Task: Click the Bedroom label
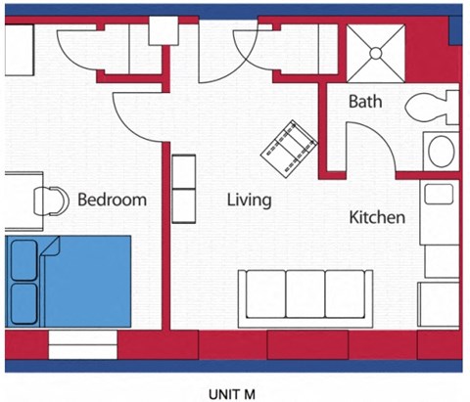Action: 112,201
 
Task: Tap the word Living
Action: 249,201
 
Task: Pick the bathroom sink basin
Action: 442,152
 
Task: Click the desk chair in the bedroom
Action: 49,200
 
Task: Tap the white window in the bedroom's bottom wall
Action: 82,344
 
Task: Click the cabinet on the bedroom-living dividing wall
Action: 183,187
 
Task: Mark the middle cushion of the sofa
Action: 305,291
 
